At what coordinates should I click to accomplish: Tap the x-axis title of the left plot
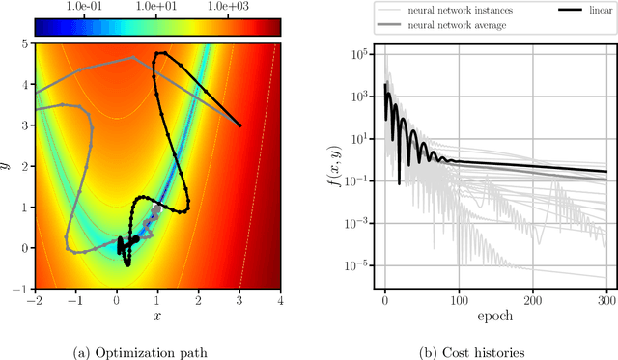[x=158, y=316]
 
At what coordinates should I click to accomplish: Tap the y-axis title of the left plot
[x=7, y=165]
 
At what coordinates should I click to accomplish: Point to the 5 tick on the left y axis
[x=26, y=43]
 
